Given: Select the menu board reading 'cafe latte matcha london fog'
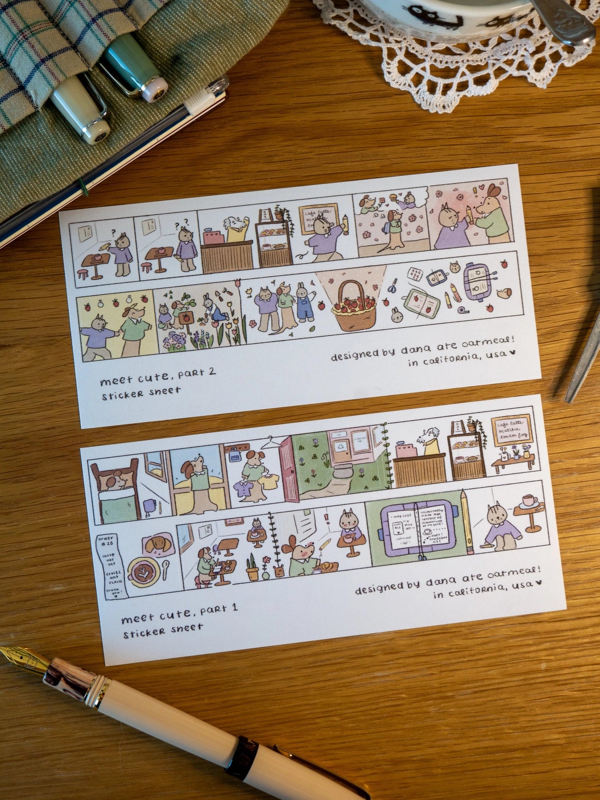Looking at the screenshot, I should click(511, 432).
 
